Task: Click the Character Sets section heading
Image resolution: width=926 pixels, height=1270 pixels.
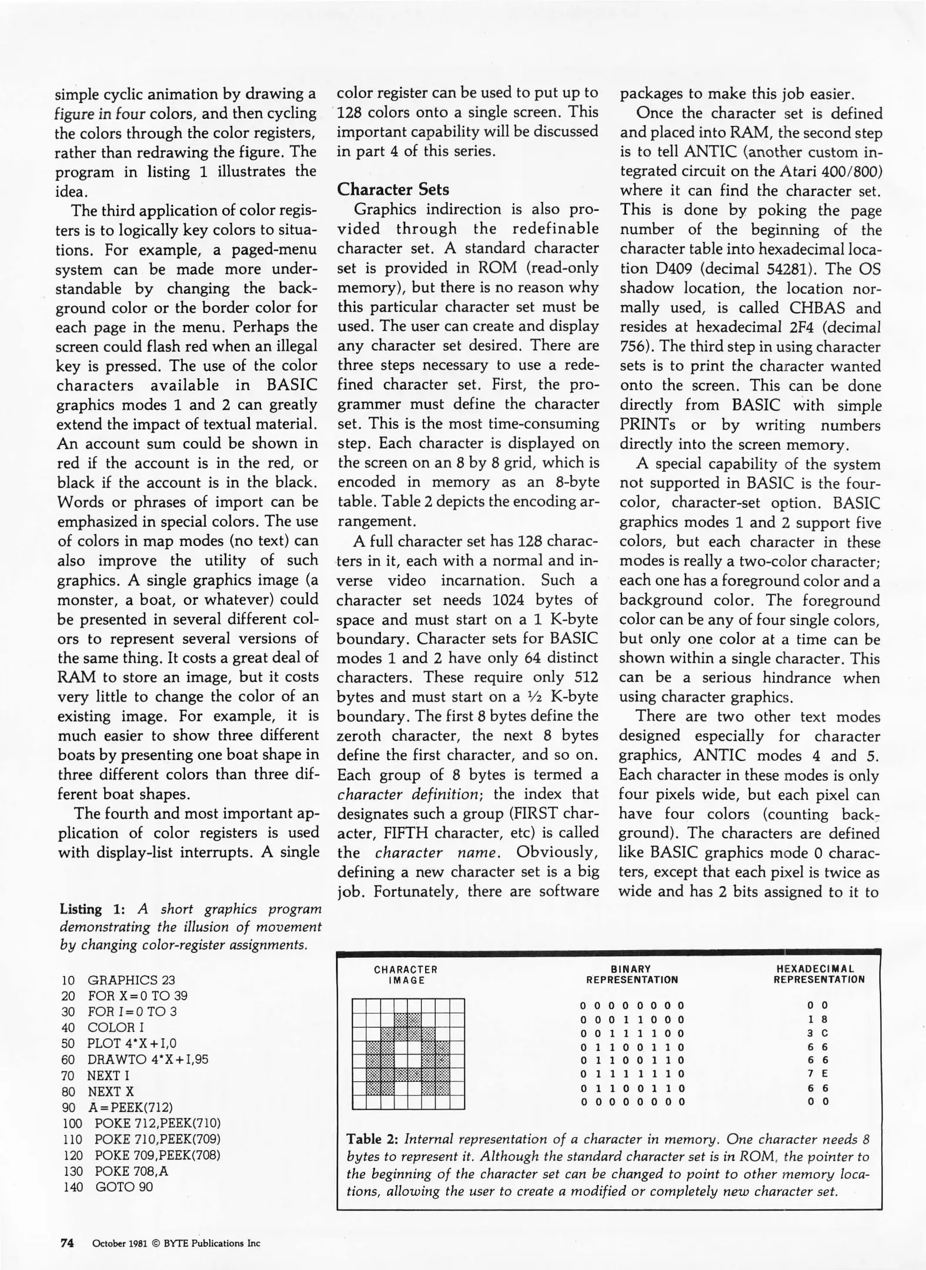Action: pos(393,189)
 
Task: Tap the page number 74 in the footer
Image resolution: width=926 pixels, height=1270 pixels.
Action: pos(67,1243)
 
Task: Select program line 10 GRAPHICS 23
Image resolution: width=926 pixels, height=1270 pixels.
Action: pos(118,980)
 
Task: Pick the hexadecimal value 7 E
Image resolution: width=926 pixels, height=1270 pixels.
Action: pos(818,1074)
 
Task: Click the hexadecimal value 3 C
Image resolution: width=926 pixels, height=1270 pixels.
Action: pos(818,1033)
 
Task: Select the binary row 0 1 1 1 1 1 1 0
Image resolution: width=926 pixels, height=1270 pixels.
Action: pos(633,1074)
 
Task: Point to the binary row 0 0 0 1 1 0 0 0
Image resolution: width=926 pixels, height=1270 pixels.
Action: pos(633,1020)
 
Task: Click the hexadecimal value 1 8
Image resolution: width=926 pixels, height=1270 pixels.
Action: pos(818,1020)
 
